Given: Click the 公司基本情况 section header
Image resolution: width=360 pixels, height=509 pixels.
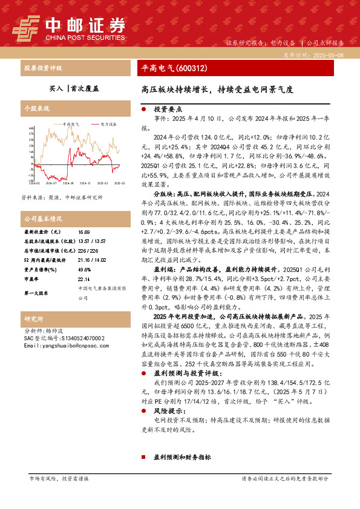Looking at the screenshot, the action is click(x=43, y=218).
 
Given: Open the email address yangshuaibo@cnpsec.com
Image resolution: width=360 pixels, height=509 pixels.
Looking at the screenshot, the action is click(x=58, y=345).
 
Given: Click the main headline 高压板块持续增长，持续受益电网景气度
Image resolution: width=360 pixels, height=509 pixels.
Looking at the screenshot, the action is click(x=217, y=89).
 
